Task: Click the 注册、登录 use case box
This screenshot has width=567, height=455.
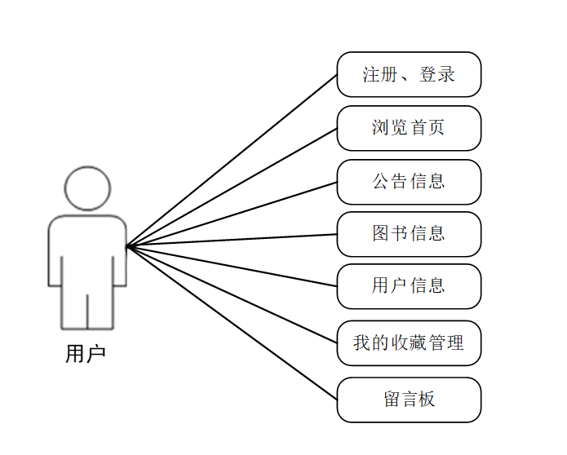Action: pyautogui.click(x=409, y=75)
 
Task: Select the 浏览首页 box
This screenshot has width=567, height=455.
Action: pyautogui.click(x=409, y=128)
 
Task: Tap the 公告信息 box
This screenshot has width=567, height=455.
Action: pyautogui.click(x=409, y=181)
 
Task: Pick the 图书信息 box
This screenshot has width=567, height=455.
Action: pyautogui.click(x=409, y=234)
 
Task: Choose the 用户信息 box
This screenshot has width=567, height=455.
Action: pyautogui.click(x=409, y=286)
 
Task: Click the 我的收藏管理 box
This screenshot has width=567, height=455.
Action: pyautogui.click(x=409, y=343)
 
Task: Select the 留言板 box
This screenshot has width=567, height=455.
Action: pyautogui.click(x=409, y=400)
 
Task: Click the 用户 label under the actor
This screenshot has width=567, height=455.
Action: pyautogui.click(x=86, y=354)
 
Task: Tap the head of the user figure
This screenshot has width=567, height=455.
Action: pyautogui.click(x=87, y=188)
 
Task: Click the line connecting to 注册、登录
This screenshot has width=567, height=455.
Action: pyautogui.click(x=232, y=160)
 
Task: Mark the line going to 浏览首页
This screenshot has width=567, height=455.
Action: pyautogui.click(x=232, y=187)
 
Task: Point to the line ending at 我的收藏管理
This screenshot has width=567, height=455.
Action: pyautogui.click(x=232, y=294)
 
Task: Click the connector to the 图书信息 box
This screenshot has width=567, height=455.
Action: pyautogui.click(x=232, y=240)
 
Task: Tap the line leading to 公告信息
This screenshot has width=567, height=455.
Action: pyautogui.click(x=232, y=214)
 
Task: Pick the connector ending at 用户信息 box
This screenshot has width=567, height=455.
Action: pyautogui.click(x=232, y=266)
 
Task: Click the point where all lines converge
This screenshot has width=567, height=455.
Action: pyautogui.click(x=127, y=245)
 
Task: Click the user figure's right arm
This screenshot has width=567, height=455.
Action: pyautogui.click(x=120, y=253)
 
